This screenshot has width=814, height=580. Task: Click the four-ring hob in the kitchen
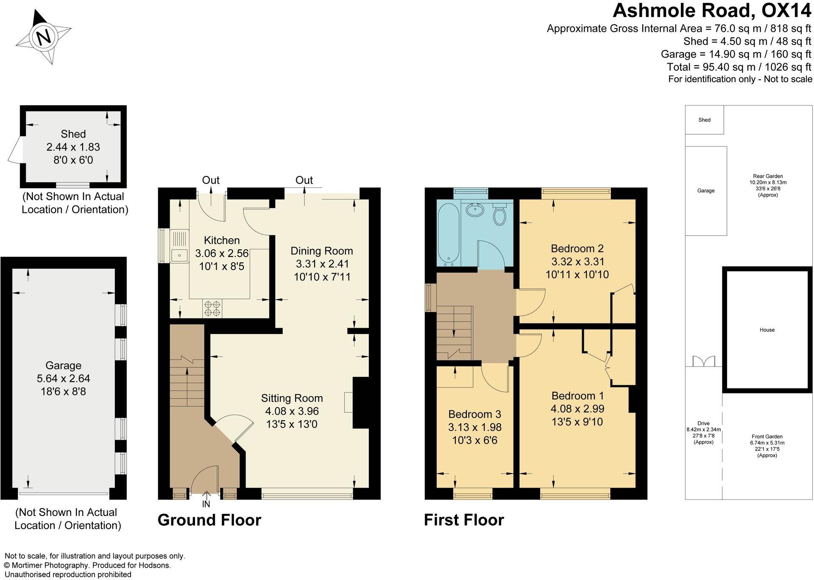[x=212, y=308]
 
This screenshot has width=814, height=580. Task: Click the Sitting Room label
[x=292, y=398]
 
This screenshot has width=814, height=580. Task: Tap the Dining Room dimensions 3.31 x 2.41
[x=322, y=264]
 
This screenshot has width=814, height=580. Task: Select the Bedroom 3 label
[x=474, y=414]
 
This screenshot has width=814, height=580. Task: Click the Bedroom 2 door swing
[x=530, y=302]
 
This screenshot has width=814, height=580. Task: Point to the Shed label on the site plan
[x=704, y=120]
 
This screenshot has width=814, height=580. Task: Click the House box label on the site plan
[x=767, y=330]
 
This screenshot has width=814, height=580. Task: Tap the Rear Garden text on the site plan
[x=768, y=176]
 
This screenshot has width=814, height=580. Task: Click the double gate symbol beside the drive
[x=704, y=361]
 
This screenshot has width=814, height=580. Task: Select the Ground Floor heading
[x=209, y=520]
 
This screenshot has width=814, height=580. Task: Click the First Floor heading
[x=464, y=520]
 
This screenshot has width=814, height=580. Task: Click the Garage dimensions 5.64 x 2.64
[x=63, y=378]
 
